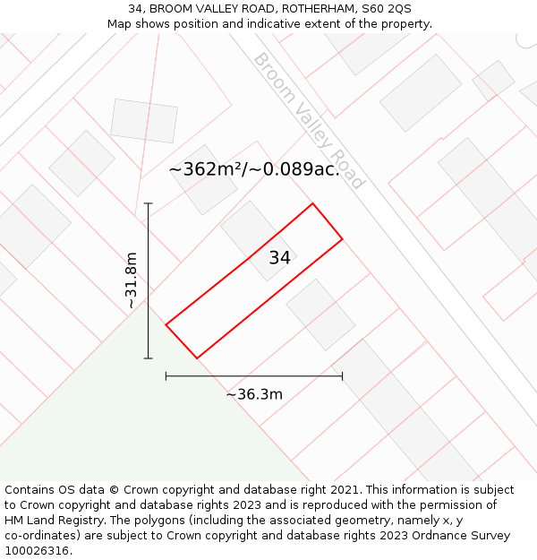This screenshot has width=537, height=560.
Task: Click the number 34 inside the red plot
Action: pos(279,258)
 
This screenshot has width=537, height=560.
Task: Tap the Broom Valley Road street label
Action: pos(310,121)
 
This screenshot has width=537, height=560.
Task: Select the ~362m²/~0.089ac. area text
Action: pos(254,169)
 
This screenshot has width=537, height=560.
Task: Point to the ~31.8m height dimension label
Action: pos(132,280)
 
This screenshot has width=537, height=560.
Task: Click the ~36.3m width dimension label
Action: pos(254,394)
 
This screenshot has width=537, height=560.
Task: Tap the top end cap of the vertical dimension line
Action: pos(149,204)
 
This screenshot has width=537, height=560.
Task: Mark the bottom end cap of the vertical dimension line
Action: pos(149,358)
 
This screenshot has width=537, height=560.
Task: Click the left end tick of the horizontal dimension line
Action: pos(166,376)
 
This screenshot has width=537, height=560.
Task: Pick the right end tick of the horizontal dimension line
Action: pos(342,376)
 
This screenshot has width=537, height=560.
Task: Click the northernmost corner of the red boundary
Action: pos(312,204)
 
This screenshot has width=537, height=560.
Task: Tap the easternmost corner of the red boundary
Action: pos(342,239)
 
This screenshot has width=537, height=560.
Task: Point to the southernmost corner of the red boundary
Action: pos(197,358)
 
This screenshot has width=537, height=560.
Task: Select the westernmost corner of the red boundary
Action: pos(166,324)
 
